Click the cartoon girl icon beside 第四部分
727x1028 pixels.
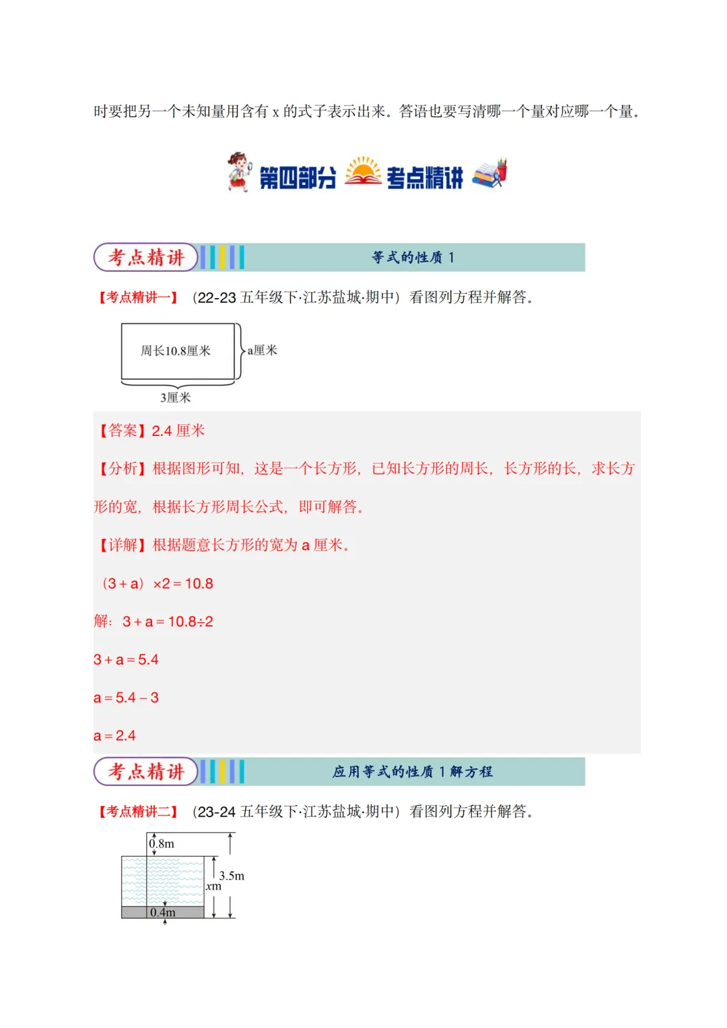[x=238, y=172]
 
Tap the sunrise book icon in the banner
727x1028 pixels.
[x=363, y=172]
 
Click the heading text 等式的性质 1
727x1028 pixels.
[x=413, y=258]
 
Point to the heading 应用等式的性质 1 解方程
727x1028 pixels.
[x=413, y=772]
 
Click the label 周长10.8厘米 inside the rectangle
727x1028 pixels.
[x=176, y=351]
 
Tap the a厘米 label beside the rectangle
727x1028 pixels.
[x=263, y=350]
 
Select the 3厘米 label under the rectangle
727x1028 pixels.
[x=176, y=398]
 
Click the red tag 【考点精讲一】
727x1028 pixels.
[x=139, y=297]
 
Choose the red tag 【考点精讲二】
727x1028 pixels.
[x=139, y=811]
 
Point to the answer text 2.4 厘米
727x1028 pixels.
[x=178, y=431]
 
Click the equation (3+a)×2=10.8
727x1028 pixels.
[x=158, y=583]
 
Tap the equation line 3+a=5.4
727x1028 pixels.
[x=126, y=659]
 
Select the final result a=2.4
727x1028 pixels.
[x=114, y=735]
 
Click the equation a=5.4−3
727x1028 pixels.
[x=126, y=698]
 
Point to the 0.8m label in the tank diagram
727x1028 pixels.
[x=162, y=844]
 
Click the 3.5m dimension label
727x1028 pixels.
[x=232, y=875]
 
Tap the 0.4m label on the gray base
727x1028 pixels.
[x=163, y=912]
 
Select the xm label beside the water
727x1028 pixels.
[x=213, y=886]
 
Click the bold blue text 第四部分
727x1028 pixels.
[x=298, y=178]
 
